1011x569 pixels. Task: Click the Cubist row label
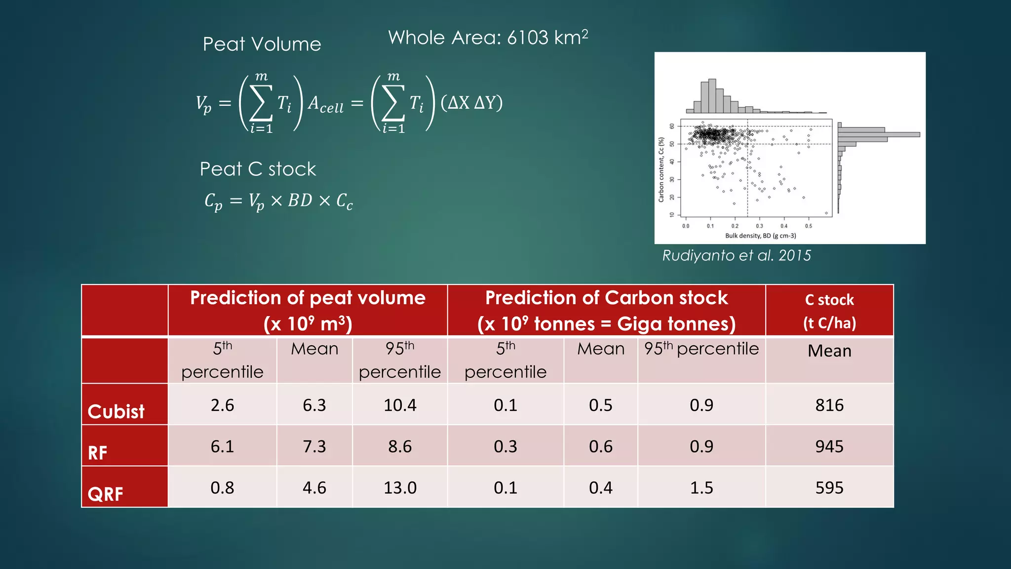click(116, 411)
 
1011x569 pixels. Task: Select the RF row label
click(98, 452)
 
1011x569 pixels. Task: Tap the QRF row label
click(105, 493)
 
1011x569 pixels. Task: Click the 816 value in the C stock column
click(829, 405)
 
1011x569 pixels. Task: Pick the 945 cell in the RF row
click(829, 447)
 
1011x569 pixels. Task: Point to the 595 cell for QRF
click(829, 488)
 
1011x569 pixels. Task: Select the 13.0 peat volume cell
click(400, 488)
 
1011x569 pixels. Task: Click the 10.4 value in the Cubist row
click(400, 405)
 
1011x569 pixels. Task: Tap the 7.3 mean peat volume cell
click(314, 447)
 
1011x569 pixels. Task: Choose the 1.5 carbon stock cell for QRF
click(701, 488)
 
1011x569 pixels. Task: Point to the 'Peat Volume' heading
click(262, 44)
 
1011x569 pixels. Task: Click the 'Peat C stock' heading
click(258, 169)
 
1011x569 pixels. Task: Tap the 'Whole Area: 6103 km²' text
click(488, 38)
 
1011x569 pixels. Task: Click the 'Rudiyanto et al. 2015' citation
click(737, 255)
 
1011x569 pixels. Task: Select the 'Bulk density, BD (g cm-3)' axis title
click(760, 236)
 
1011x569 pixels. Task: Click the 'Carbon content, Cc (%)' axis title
click(661, 169)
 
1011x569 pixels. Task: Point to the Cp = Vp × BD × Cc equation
click(279, 201)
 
